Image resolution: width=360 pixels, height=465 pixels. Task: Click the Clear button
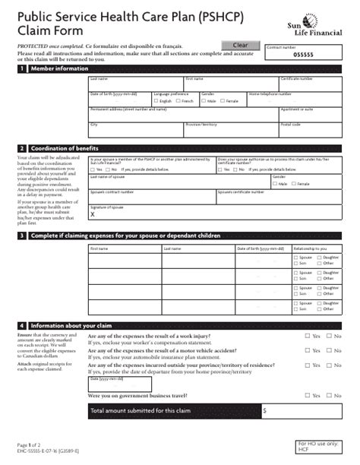coord(239,45)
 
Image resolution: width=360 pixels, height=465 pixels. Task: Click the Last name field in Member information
coord(135,84)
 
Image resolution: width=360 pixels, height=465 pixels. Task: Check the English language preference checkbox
coord(156,101)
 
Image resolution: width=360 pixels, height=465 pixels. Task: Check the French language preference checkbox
coord(178,101)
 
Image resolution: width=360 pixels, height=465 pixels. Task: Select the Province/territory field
coord(231,128)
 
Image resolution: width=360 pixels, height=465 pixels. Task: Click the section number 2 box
coord(22,148)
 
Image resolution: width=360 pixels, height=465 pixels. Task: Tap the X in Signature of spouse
coord(93,214)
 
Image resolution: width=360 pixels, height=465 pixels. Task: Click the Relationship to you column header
coord(310,248)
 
